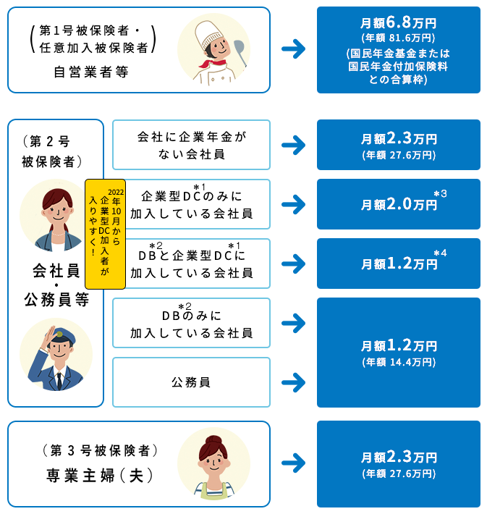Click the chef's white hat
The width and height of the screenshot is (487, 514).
pyautogui.click(x=209, y=33)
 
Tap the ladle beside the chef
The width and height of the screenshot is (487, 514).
pyautogui.click(x=240, y=52)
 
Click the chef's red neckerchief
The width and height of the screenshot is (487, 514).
pyautogui.click(x=212, y=62)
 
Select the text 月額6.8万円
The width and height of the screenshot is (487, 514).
pyautogui.click(x=398, y=22)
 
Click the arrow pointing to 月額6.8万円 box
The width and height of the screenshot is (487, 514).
pyautogui.click(x=293, y=49)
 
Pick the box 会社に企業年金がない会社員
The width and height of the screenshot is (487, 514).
pyautogui.click(x=191, y=145)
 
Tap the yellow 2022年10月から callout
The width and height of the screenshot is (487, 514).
pyautogui.click(x=105, y=234)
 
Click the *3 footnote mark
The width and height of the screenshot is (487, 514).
pyautogui.click(x=440, y=194)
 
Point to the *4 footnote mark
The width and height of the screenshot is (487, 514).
pyautogui.click(x=440, y=253)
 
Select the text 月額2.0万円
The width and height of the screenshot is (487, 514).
pyautogui.click(x=399, y=204)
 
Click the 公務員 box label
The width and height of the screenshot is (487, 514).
pyautogui.click(x=191, y=382)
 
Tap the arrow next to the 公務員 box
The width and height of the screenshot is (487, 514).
pyautogui.click(x=293, y=382)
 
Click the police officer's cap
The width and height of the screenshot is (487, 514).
pyautogui.click(x=61, y=335)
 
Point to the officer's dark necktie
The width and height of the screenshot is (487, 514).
pyautogui.click(x=59, y=381)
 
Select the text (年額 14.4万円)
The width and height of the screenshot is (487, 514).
pyautogui.click(x=399, y=362)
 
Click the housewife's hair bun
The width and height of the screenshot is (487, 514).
pyautogui.click(x=213, y=439)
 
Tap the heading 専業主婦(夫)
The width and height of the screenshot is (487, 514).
pyautogui.click(x=100, y=476)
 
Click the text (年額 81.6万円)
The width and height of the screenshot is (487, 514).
pyautogui.click(x=398, y=38)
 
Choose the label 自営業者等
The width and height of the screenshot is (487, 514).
pyautogui.click(x=91, y=72)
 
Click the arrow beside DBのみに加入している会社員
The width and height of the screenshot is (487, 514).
pyautogui.click(x=293, y=323)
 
